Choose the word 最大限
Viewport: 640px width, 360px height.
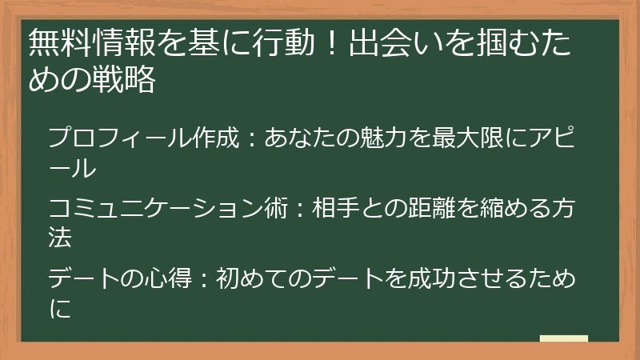pyautogui.click(x=467, y=137)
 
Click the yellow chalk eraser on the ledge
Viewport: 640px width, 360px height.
pyautogui.click(x=564, y=338)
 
